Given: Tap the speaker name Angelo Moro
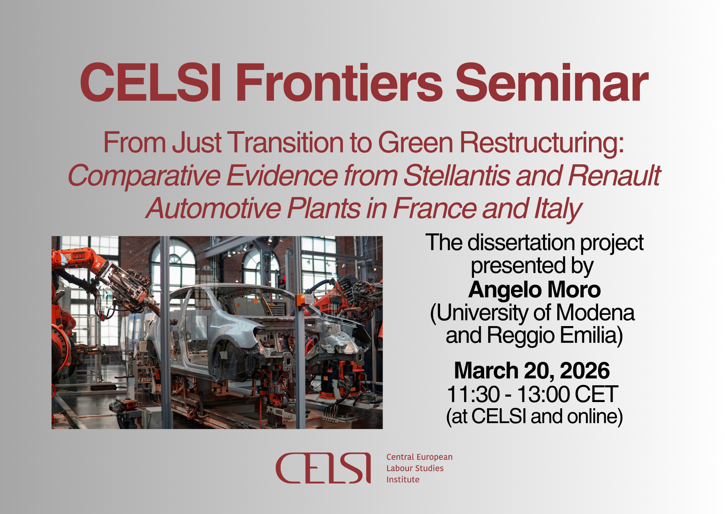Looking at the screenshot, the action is pyautogui.click(x=534, y=290).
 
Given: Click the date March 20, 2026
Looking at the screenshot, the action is pyautogui.click(x=532, y=370).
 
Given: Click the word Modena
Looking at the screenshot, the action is pyautogui.click(x=595, y=313).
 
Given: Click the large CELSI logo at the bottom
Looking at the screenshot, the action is pyautogui.click(x=323, y=468).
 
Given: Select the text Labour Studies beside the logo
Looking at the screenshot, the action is pyautogui.click(x=415, y=468).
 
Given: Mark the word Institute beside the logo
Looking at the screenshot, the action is pyautogui.click(x=403, y=479).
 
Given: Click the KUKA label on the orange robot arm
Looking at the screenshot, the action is pyautogui.click(x=79, y=255).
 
